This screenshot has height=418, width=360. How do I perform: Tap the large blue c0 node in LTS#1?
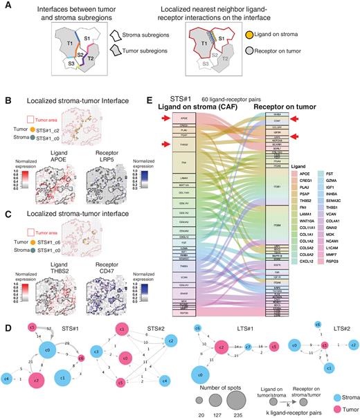tap(200, 374)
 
